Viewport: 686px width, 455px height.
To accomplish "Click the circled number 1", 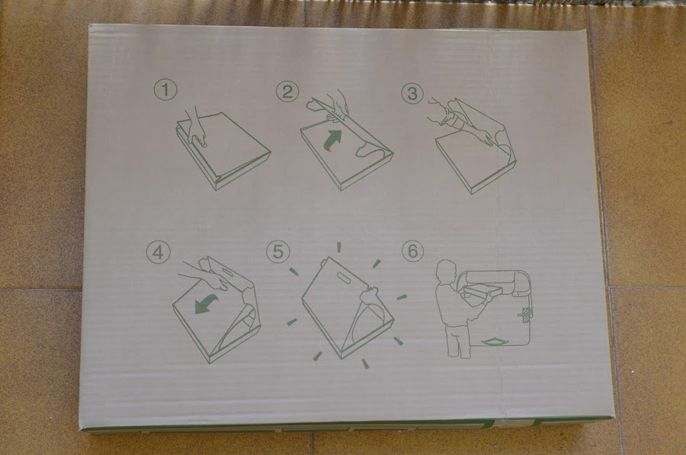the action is (x=165, y=90).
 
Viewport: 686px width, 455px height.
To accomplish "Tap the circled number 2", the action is (x=287, y=92).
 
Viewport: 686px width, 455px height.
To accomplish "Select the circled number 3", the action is (x=412, y=93).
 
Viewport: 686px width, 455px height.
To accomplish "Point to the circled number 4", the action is (x=158, y=252).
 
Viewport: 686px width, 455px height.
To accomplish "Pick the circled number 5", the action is (x=278, y=252).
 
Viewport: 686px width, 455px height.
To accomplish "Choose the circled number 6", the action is (x=412, y=251).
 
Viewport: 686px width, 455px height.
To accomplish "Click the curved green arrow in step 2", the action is (x=332, y=140).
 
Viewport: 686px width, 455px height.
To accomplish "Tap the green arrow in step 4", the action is (x=206, y=303).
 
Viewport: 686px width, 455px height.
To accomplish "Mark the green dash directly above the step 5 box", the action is (x=338, y=247).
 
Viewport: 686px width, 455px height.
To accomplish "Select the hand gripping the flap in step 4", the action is (x=206, y=276).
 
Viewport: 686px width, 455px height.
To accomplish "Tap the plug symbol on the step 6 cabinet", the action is (x=525, y=313).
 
